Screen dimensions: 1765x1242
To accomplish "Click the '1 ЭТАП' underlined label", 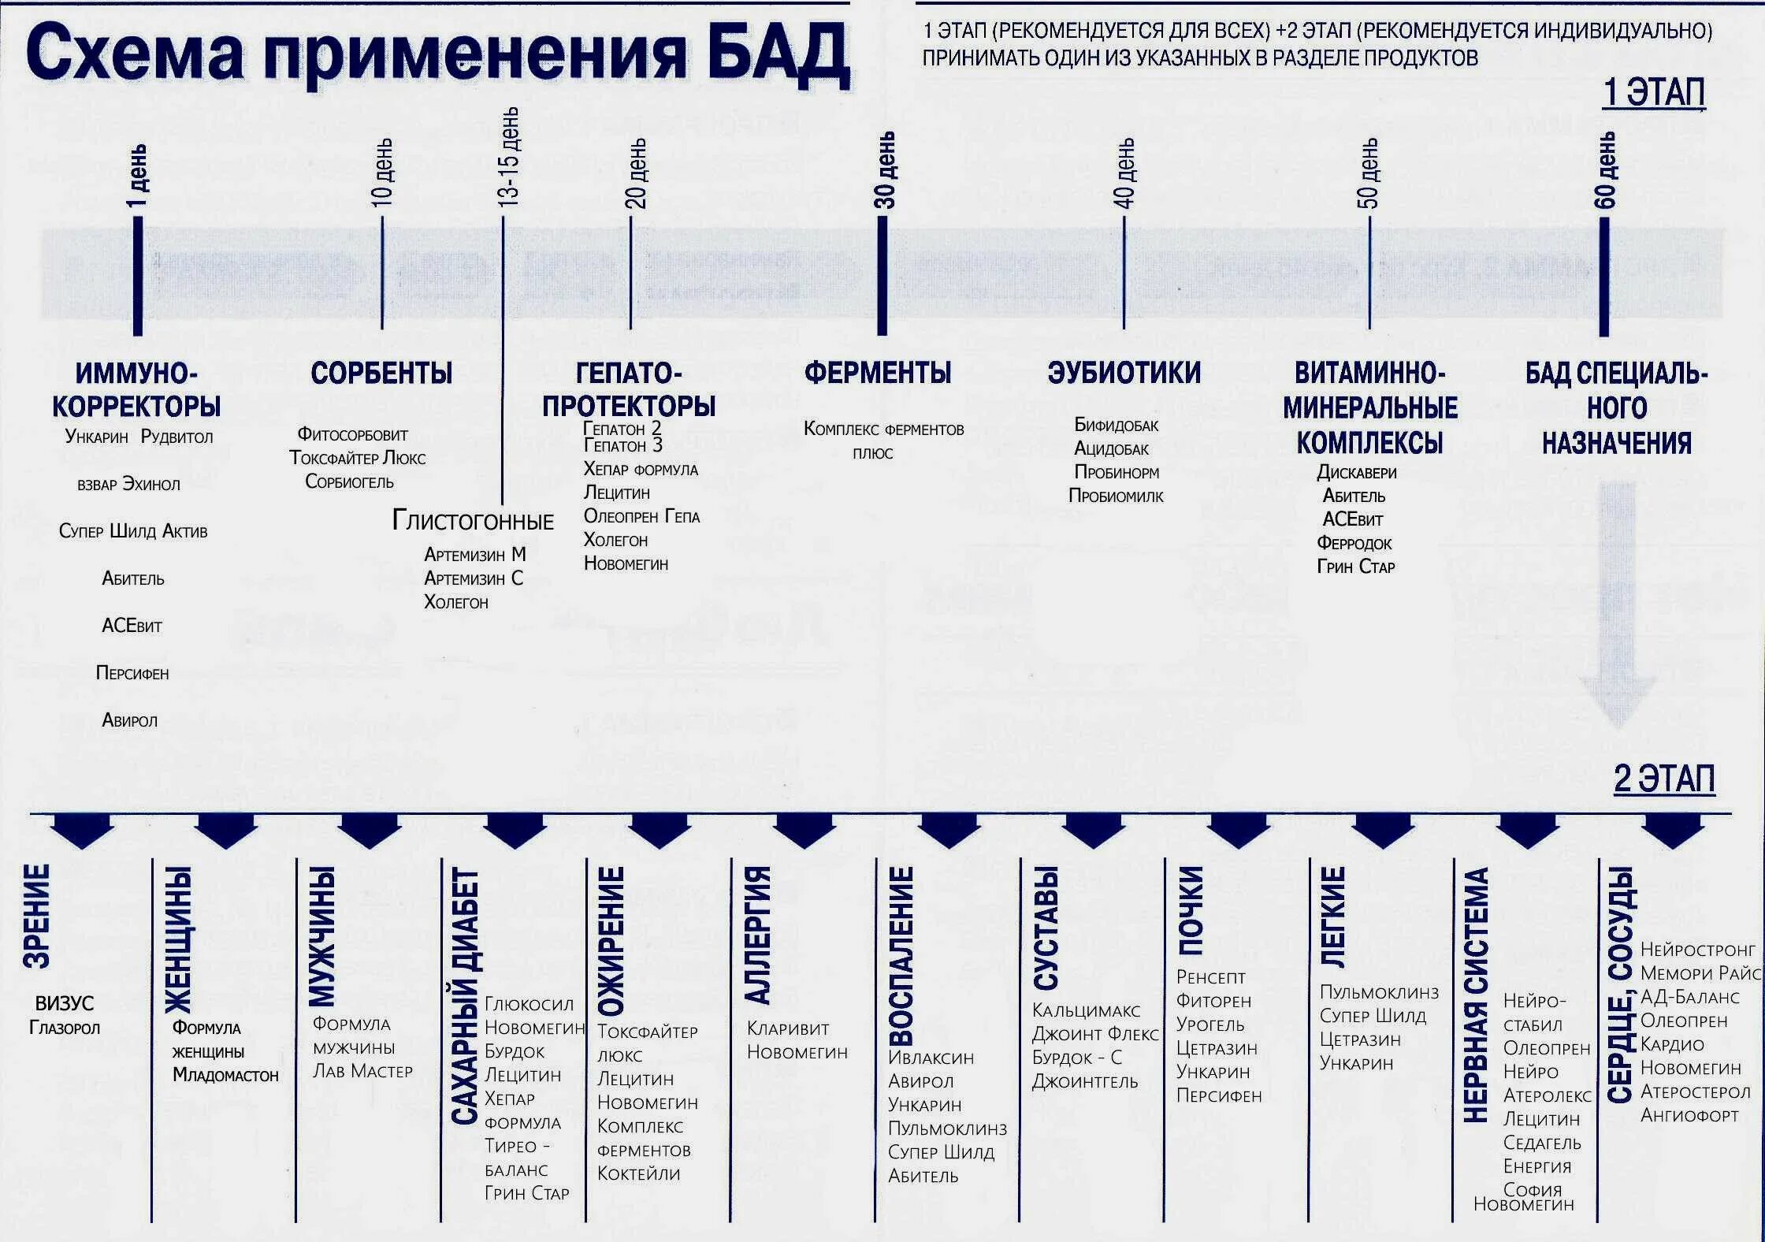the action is click(x=1654, y=93).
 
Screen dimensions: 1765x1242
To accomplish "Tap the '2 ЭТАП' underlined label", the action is click(x=1663, y=779).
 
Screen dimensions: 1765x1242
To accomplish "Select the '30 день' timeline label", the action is click(x=885, y=169).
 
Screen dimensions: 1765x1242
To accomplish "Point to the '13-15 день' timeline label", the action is click(x=508, y=157).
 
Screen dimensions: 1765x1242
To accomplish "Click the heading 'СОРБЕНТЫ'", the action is click(x=381, y=373).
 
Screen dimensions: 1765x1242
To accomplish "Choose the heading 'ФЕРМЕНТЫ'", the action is click(x=878, y=373).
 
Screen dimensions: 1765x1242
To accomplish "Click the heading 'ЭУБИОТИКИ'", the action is click(x=1124, y=373).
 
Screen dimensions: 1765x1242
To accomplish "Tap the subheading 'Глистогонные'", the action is click(x=473, y=521).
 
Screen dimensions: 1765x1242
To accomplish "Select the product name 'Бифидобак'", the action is click(x=1116, y=426).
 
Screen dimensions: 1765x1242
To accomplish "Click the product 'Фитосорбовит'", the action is click(x=352, y=434).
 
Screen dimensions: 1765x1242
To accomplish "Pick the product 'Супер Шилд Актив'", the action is click(x=133, y=531).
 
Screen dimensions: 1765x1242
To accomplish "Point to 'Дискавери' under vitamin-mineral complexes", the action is click(x=1356, y=473).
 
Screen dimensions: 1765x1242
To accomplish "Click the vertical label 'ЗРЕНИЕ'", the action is click(x=37, y=915).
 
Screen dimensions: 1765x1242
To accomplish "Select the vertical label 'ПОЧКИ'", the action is click(x=1191, y=910).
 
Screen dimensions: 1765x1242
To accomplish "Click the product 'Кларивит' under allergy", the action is click(x=788, y=1028).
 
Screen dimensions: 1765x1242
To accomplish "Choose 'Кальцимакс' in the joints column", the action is click(x=1086, y=1010).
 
